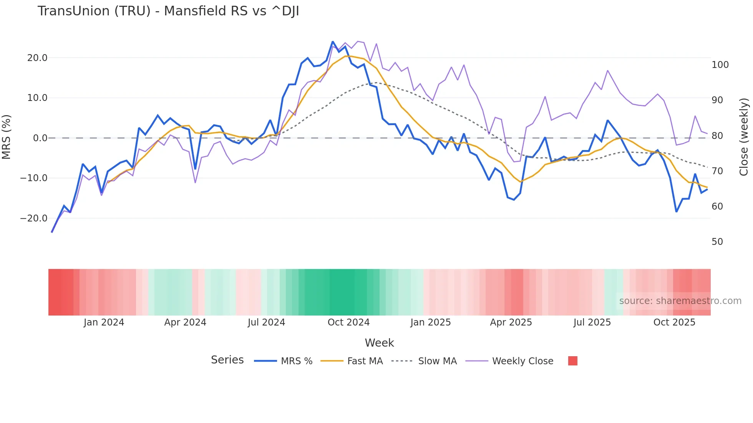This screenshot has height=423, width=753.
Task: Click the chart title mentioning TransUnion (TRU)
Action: [168, 11]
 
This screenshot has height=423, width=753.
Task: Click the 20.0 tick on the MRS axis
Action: [37, 58]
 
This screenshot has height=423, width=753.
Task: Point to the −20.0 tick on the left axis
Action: [34, 218]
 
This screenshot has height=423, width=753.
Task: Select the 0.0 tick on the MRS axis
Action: [40, 138]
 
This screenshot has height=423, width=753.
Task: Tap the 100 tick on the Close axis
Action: [720, 65]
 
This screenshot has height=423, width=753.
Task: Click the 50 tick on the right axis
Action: [717, 242]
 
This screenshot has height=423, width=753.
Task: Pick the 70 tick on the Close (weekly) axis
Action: [717, 171]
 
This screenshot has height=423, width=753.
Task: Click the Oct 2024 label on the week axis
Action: [348, 322]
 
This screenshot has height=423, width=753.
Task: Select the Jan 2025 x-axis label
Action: [430, 322]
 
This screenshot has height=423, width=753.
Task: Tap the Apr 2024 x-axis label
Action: [185, 322]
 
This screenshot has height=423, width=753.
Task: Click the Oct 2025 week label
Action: [674, 322]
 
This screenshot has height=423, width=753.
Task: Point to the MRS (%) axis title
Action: [6, 137]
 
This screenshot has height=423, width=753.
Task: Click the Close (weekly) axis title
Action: [744, 137]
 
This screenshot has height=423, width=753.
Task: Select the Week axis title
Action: [379, 343]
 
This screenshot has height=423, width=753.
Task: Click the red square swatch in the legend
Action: [572, 361]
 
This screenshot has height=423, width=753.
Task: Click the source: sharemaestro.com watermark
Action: [680, 301]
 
